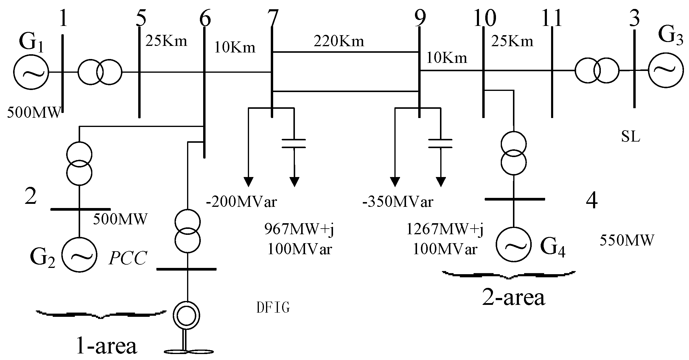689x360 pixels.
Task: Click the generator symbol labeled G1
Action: pyautogui.click(x=31, y=72)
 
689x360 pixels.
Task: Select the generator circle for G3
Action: pyautogui.click(x=665, y=70)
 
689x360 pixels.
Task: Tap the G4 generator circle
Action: pyautogui.click(x=513, y=244)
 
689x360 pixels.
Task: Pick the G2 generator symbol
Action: pyautogui.click(x=79, y=254)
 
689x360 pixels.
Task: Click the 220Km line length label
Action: pyautogui.click(x=339, y=41)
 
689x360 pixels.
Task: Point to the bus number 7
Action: pyautogui.click(x=272, y=18)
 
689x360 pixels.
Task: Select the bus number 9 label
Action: pyautogui.click(x=420, y=18)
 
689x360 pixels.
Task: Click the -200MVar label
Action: pyautogui.click(x=242, y=202)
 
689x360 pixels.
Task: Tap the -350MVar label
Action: pyautogui.click(x=398, y=202)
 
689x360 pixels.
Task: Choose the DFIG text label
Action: pyautogui.click(x=273, y=308)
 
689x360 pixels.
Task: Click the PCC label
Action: pyautogui.click(x=128, y=258)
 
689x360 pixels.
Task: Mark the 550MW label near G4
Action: pyautogui.click(x=627, y=240)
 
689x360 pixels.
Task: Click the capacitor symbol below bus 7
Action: pyautogui.click(x=294, y=143)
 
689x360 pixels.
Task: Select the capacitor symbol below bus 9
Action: pyautogui.click(x=440, y=143)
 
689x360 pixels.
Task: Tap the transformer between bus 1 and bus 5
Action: pyautogui.click(x=100, y=72)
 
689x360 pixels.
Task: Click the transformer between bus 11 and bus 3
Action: pyautogui.click(x=597, y=71)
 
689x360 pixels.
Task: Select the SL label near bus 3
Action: pyautogui.click(x=631, y=137)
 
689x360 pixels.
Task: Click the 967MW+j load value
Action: pyautogui.click(x=299, y=229)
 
